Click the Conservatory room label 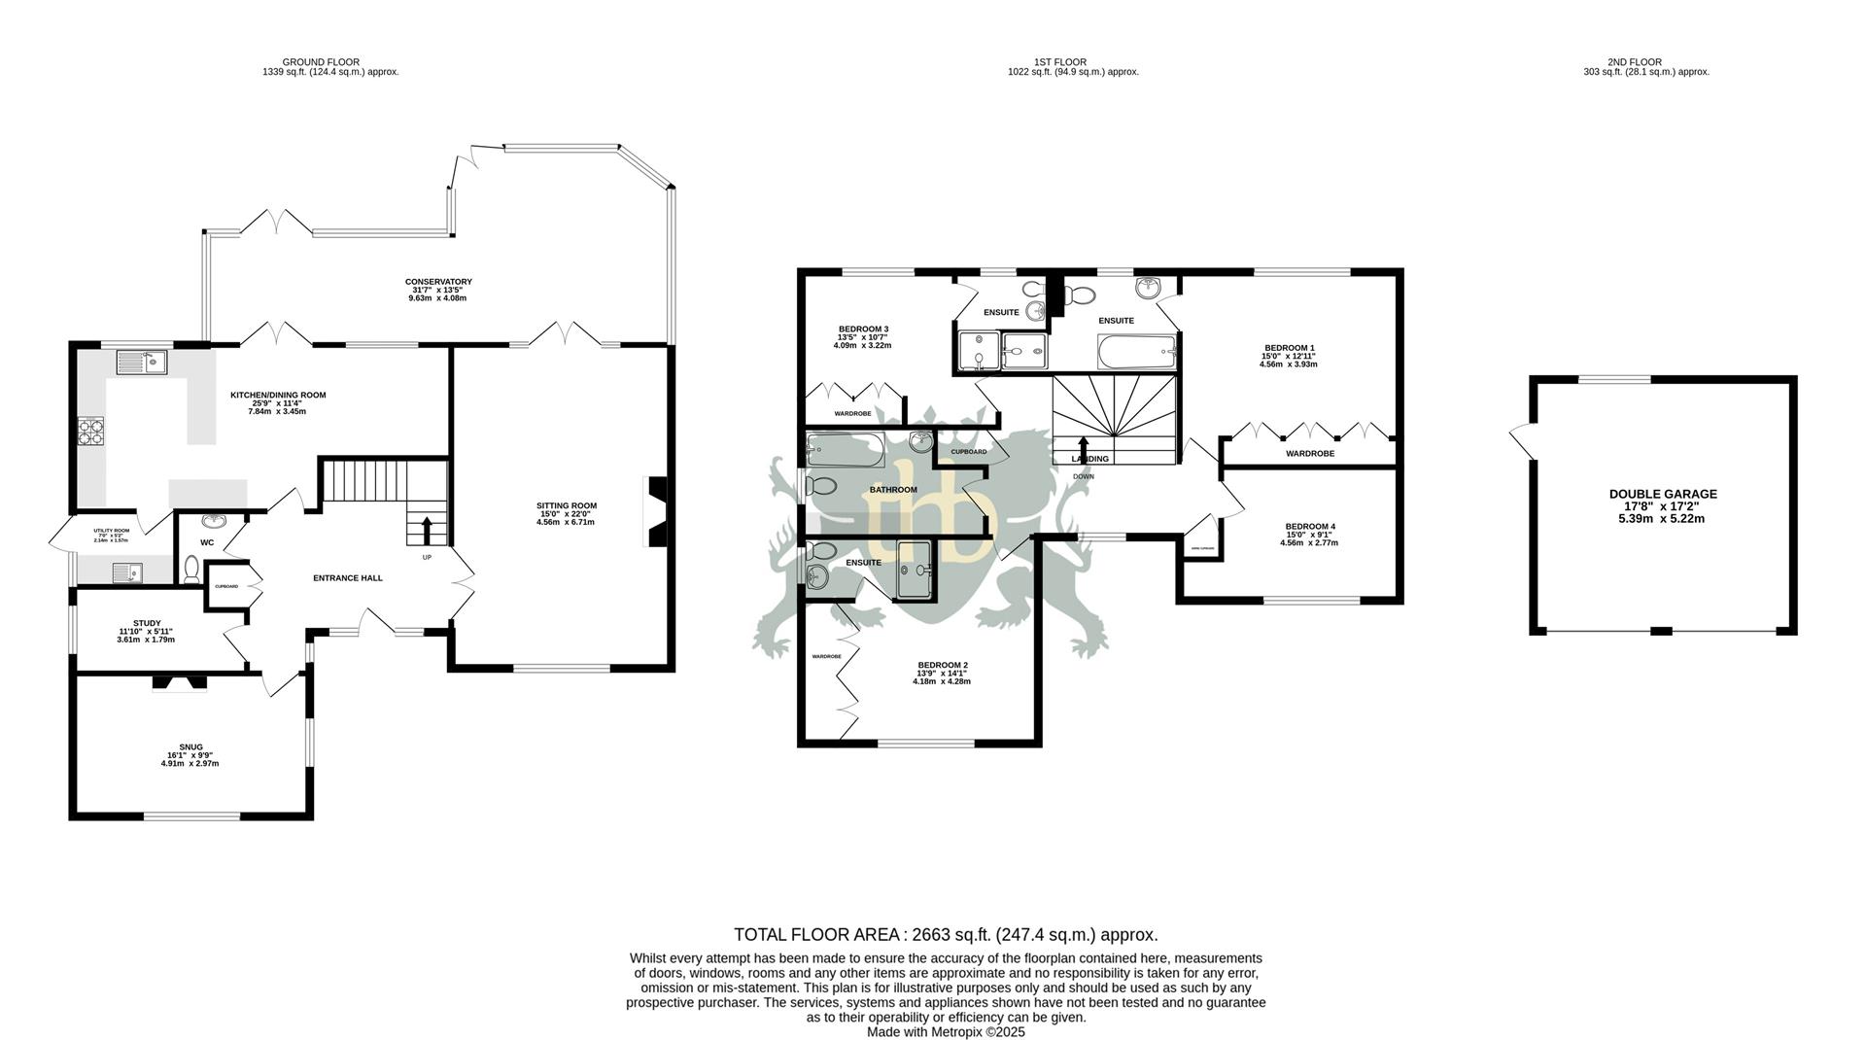point(438,290)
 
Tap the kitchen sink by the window point(142,364)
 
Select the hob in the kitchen point(91,431)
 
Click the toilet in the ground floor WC point(191,569)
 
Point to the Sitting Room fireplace point(657,512)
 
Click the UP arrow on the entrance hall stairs point(427,531)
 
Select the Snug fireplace point(180,682)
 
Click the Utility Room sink point(127,573)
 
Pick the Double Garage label point(1662,505)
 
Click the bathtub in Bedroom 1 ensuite point(1136,352)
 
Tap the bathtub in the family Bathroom point(845,450)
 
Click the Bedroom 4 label point(1309,534)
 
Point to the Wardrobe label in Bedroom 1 point(1309,454)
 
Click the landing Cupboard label point(968,452)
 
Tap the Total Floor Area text point(945,935)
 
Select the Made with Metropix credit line point(945,1032)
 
